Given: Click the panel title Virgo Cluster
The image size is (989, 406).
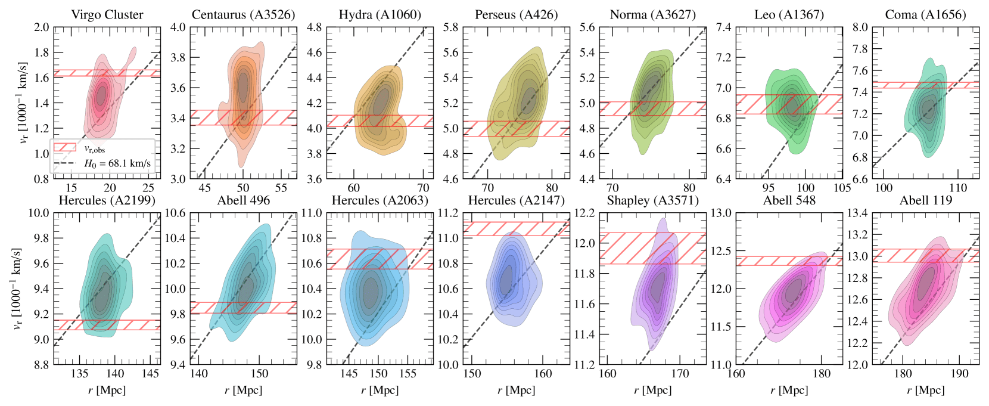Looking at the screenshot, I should click(107, 15).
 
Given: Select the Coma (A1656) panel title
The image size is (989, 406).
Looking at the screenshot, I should click(925, 15).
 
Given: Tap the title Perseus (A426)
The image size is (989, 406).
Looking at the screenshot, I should click(516, 15).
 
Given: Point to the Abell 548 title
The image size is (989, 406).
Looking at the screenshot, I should click(789, 200).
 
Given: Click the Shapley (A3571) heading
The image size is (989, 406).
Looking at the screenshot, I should click(652, 200).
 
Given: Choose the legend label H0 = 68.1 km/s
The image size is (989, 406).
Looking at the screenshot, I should click(117, 163).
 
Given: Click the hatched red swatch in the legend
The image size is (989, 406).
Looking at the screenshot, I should click(64, 148).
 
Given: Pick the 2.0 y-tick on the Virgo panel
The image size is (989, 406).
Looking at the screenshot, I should click(42, 27).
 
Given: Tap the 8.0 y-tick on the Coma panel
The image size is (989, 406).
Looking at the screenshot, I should click(859, 27).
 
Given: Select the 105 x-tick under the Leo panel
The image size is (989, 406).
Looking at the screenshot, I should click(842, 188).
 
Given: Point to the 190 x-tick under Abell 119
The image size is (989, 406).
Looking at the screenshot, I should click(959, 374).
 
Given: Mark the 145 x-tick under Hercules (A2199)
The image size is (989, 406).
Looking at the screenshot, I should click(150, 374).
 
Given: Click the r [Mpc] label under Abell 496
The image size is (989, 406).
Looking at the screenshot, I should click(243, 390).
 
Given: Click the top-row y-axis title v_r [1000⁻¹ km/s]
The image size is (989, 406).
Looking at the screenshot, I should click(23, 103).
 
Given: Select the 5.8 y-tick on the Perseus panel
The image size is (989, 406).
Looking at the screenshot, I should click(450, 27).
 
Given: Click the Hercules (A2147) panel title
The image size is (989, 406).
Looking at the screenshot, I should click(516, 200).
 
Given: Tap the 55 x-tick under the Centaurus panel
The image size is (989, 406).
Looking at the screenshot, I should click(281, 188).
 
